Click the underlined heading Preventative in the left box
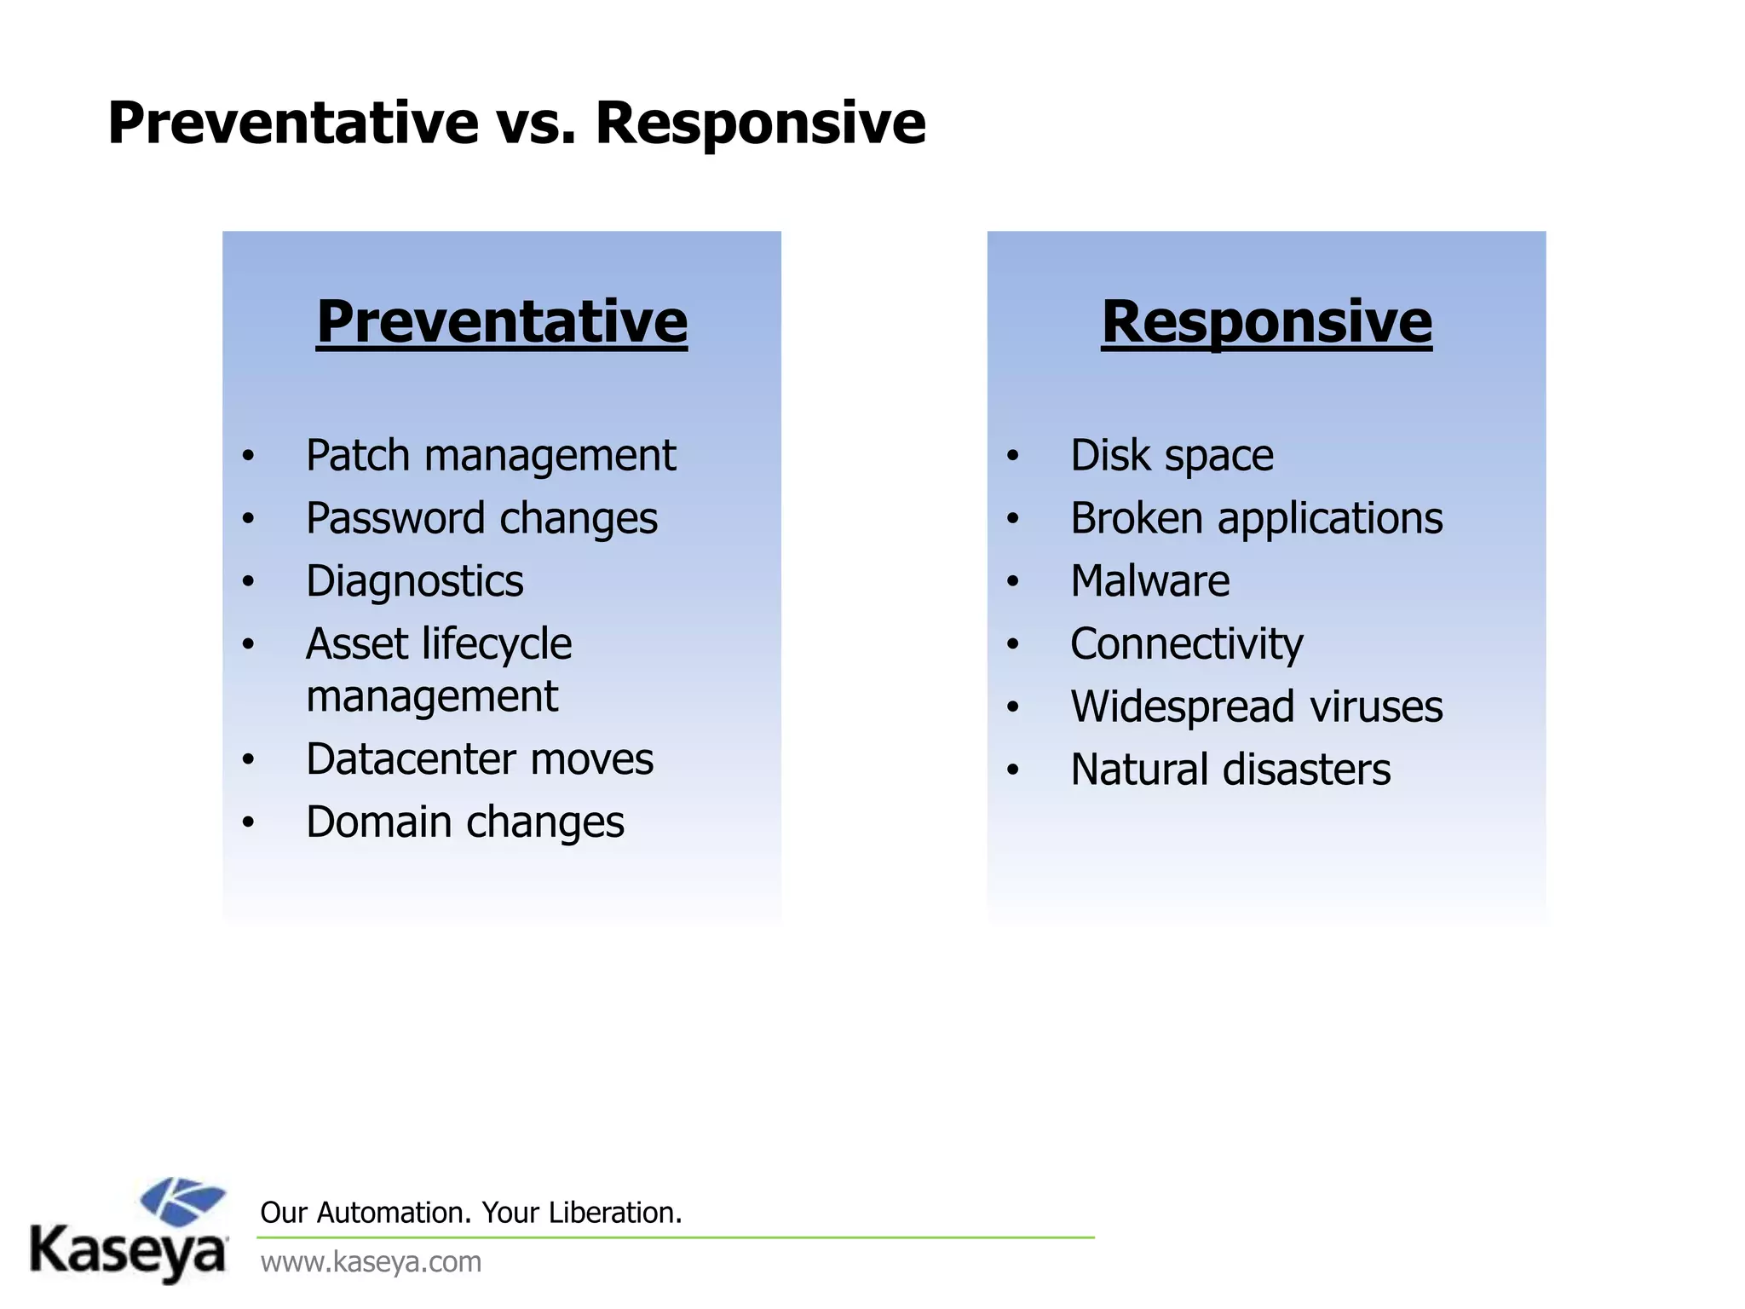(x=502, y=322)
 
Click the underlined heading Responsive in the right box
(x=1266, y=322)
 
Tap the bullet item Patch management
(x=490, y=455)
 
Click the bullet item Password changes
(x=481, y=518)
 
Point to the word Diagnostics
(x=414, y=581)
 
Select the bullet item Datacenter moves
(x=479, y=759)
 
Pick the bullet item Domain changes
(x=464, y=822)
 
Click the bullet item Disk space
(x=1172, y=455)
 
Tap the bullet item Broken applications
(x=1256, y=518)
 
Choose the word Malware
(x=1149, y=581)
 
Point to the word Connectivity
(x=1186, y=644)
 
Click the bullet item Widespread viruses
(x=1256, y=706)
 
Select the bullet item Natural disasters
(x=1230, y=770)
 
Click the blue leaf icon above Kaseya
(x=182, y=1201)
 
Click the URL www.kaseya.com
(x=371, y=1262)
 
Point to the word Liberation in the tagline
(x=613, y=1213)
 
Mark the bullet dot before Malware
(x=1012, y=582)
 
